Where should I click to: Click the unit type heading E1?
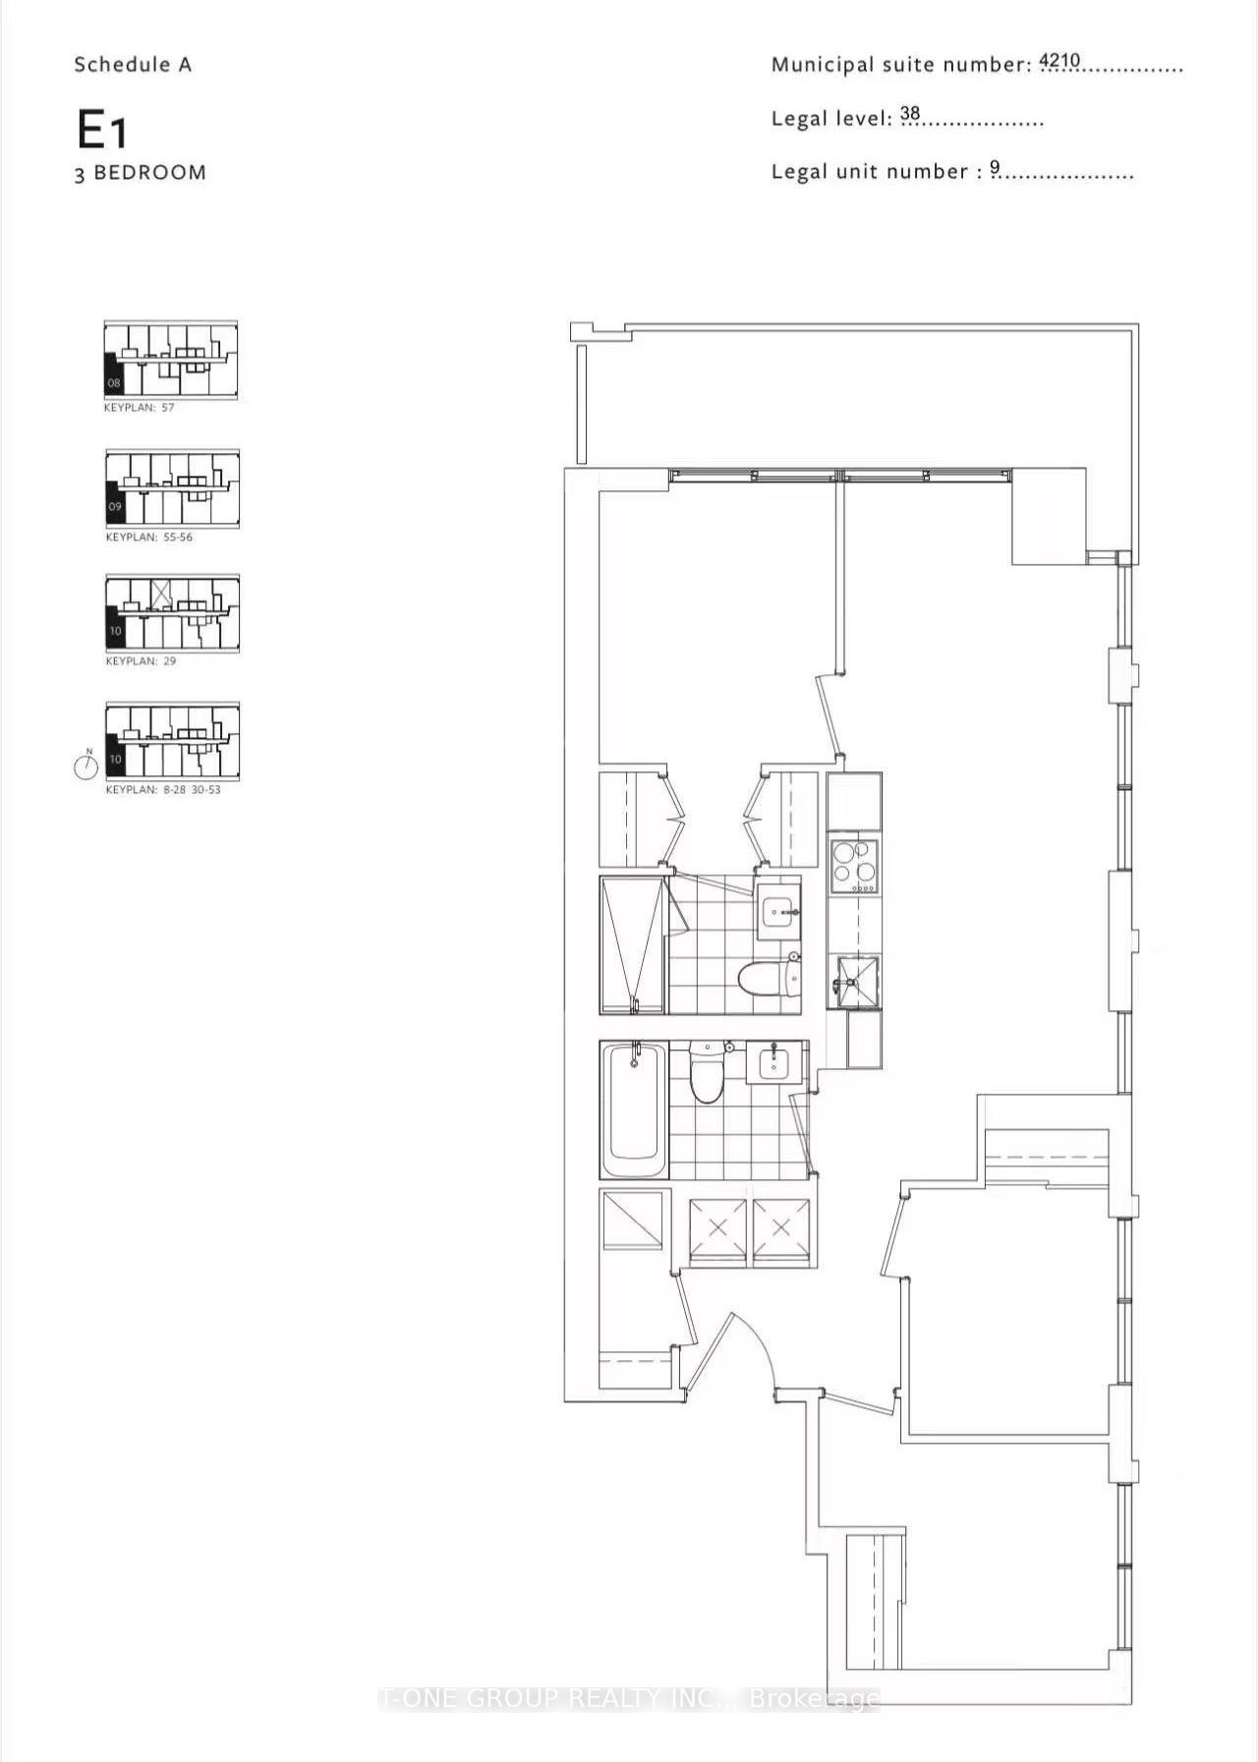point(102,130)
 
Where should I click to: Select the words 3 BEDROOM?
point(141,173)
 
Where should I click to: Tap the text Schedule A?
point(133,65)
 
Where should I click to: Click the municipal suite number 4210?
point(1059,61)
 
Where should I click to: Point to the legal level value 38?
point(910,114)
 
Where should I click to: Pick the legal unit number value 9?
point(995,168)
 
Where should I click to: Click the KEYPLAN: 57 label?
point(139,407)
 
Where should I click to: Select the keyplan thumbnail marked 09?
point(172,488)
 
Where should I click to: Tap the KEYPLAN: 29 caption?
point(141,661)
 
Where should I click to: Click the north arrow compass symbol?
point(86,766)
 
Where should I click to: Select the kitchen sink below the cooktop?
point(853,980)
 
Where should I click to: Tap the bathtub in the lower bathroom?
point(634,1110)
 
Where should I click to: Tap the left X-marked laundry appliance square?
point(718,1227)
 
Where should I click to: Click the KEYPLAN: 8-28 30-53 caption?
point(163,789)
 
